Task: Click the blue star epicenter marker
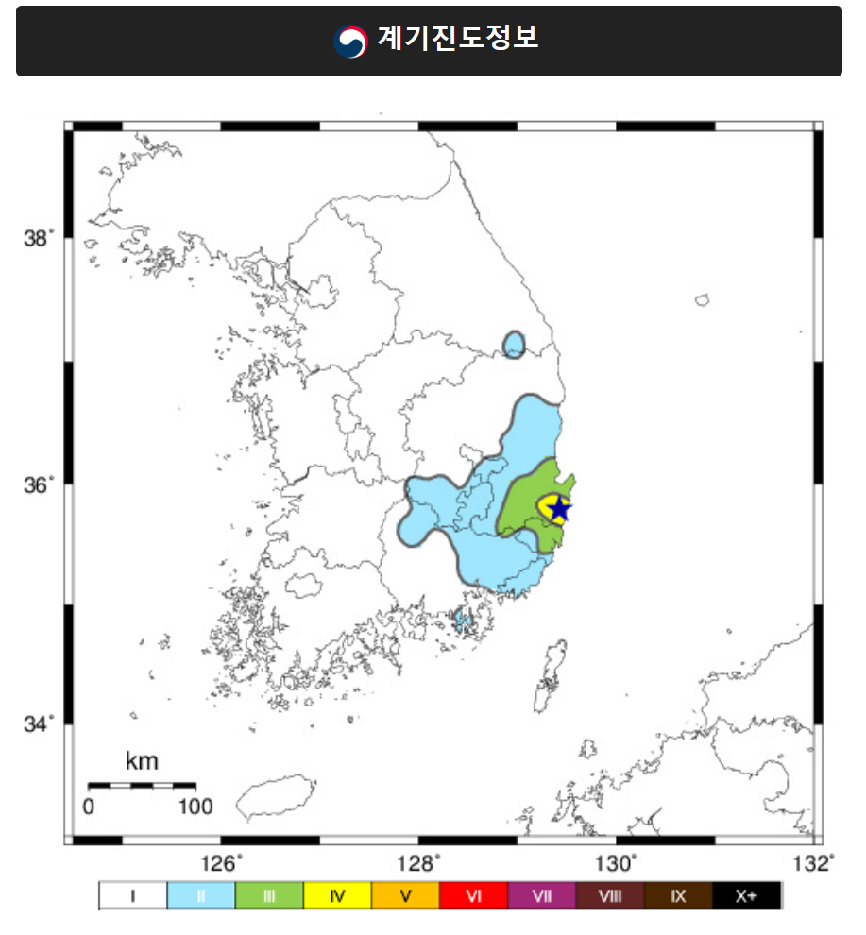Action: pos(559,509)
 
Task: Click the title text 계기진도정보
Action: pos(457,39)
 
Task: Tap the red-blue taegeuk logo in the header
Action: pos(351,41)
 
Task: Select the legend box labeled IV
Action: pos(337,896)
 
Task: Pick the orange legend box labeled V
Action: pos(405,896)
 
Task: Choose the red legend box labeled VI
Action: pos(474,896)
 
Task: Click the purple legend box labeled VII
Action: pos(542,896)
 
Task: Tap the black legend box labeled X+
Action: pos(746,896)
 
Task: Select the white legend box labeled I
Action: pos(133,896)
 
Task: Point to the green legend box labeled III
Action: pos(269,896)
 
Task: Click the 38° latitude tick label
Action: pos(39,238)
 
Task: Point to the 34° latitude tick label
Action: pos(39,724)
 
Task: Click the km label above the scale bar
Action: pos(142,761)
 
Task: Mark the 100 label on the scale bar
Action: pos(195,807)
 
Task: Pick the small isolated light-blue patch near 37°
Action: pos(514,344)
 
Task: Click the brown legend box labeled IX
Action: pos(678,896)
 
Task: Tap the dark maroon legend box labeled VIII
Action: pos(610,896)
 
